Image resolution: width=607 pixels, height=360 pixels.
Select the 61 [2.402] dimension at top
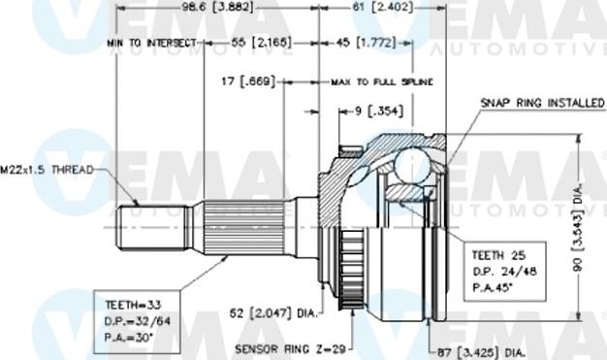[x=382, y=8]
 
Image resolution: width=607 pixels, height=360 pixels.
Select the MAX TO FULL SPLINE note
[x=381, y=82]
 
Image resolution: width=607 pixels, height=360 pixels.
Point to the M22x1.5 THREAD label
[x=47, y=170]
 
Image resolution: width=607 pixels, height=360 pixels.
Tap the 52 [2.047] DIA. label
[x=273, y=313]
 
